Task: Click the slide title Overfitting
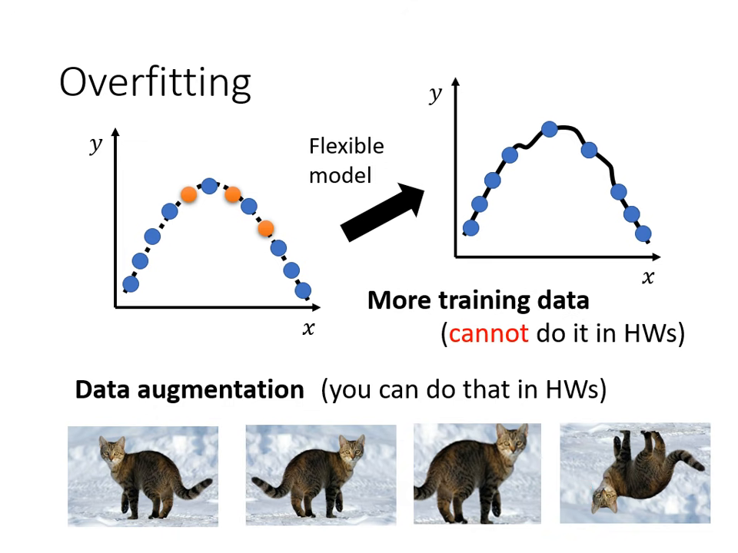pyautogui.click(x=155, y=82)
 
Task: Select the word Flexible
pyautogui.click(x=346, y=146)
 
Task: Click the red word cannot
pyautogui.click(x=489, y=334)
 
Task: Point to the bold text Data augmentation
pyautogui.click(x=189, y=389)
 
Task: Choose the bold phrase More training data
pyautogui.click(x=477, y=300)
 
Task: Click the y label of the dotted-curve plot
pyautogui.click(x=95, y=145)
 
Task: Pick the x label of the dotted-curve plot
pyautogui.click(x=308, y=329)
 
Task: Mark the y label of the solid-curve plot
pyautogui.click(x=435, y=94)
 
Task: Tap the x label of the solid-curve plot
pyautogui.click(x=648, y=277)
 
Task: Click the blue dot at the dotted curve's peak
pyautogui.click(x=209, y=185)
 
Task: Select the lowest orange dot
pyautogui.click(x=266, y=227)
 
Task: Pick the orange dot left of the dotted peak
pyautogui.click(x=188, y=194)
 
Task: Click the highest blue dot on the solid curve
pyautogui.click(x=549, y=129)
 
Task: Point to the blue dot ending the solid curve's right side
pyautogui.click(x=643, y=233)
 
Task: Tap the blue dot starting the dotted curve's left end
pyautogui.click(x=131, y=284)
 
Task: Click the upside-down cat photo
pyautogui.click(x=634, y=472)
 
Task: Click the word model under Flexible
pyautogui.click(x=340, y=175)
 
